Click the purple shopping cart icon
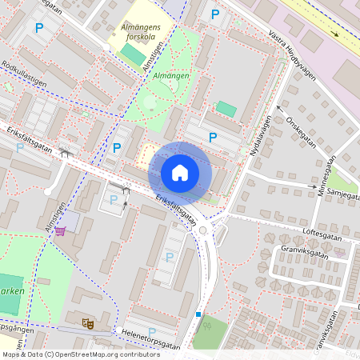pos(60,230)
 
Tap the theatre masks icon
pos(89,322)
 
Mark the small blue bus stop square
pos(198,314)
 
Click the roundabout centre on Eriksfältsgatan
pos(203,230)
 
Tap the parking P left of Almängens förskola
pos(39,28)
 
